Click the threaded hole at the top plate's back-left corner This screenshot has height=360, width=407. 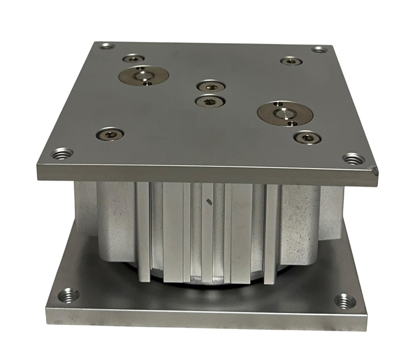point(107,46)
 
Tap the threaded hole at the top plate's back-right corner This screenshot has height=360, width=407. point(319,49)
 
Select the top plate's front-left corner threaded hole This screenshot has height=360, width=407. point(63,153)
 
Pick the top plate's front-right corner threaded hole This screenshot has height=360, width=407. point(354,158)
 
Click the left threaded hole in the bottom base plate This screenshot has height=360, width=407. point(68,295)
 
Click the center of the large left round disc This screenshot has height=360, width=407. point(143,76)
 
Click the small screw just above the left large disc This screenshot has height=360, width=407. point(133,59)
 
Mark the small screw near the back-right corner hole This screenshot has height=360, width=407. point(291,61)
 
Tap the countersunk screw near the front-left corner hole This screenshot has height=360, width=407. point(110,135)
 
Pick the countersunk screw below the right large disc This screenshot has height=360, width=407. point(307,138)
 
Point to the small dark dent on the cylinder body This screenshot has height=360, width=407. point(208,202)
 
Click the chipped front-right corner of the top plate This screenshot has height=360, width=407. point(375,170)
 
